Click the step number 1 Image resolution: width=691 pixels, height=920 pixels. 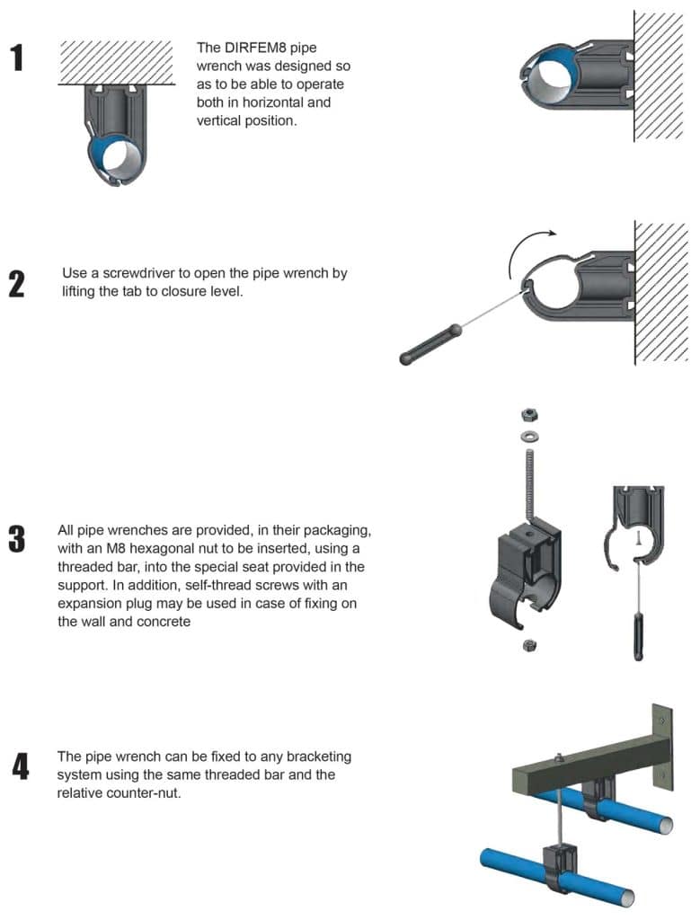pyautogui.click(x=17, y=57)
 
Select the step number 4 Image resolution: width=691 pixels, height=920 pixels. pyautogui.click(x=20, y=767)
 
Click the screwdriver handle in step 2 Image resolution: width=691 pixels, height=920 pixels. pyautogui.click(x=430, y=345)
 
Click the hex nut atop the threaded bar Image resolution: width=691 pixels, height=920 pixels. pyautogui.click(x=530, y=414)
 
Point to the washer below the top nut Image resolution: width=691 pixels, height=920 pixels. pyautogui.click(x=530, y=436)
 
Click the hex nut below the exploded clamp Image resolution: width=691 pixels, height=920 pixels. pyautogui.click(x=529, y=644)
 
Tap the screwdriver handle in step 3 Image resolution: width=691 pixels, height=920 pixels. pyautogui.click(x=638, y=635)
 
